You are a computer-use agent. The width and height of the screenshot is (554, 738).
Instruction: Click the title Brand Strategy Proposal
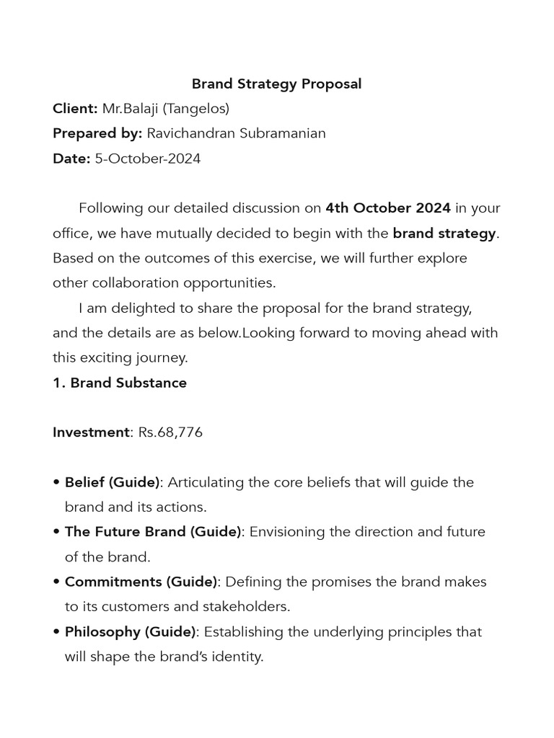pos(276,84)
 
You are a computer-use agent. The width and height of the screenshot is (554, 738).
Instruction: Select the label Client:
pos(75,109)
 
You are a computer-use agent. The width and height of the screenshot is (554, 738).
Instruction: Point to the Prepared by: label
pos(97,133)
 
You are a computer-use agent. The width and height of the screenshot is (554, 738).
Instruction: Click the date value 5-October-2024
pos(148,159)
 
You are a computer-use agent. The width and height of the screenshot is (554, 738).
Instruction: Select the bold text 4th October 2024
pos(388,208)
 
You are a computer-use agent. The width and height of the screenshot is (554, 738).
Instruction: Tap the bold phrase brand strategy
pos(444,234)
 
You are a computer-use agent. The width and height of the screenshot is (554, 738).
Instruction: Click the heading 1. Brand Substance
pos(120,383)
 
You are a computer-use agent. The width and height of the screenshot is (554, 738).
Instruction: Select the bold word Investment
pos(91,432)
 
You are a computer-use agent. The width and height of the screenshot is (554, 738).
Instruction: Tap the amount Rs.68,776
pos(170,432)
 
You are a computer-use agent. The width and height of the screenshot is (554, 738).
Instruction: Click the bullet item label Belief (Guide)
pos(112,482)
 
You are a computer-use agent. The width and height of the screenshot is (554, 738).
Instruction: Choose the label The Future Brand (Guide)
pos(153,532)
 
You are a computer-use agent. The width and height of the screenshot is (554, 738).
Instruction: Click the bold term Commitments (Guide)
pos(141,582)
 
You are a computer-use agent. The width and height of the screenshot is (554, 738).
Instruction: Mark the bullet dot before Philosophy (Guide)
pos(56,632)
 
